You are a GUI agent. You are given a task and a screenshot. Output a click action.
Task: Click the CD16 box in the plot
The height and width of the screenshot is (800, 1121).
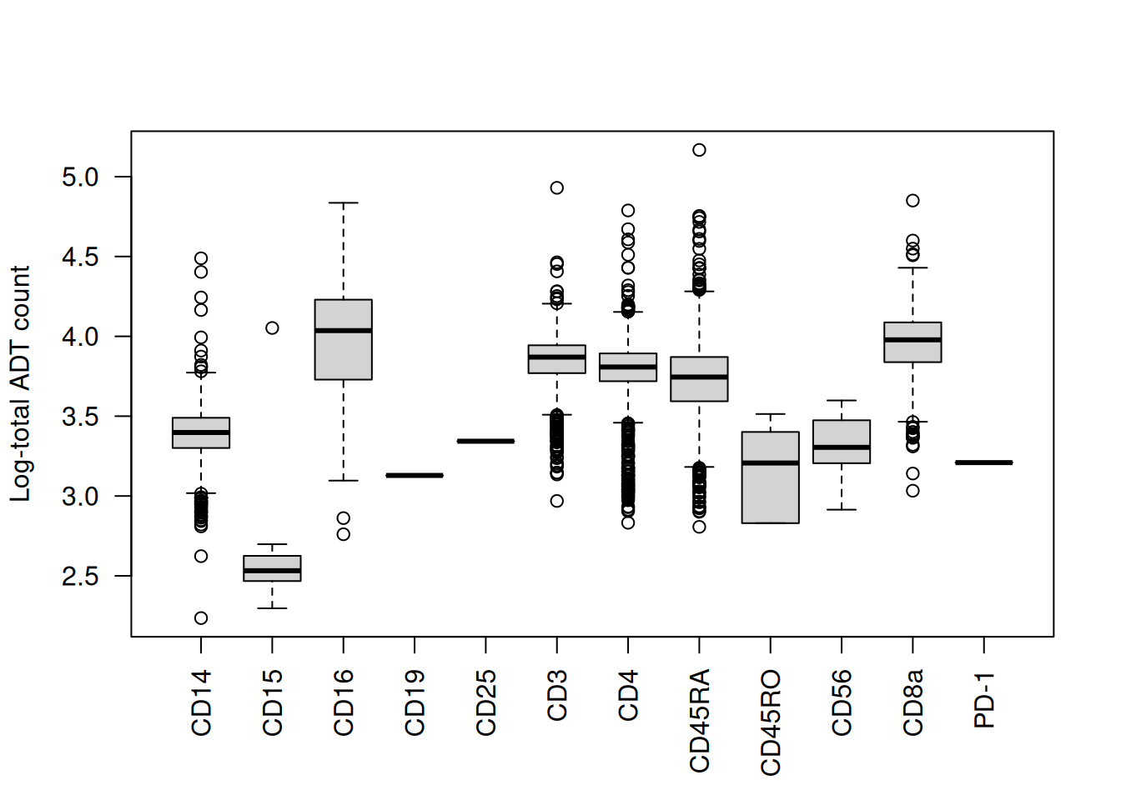coord(344,340)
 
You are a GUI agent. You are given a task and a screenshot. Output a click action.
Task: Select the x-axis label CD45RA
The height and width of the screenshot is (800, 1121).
coord(700,721)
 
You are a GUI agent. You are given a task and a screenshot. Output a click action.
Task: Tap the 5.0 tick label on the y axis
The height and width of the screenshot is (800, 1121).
coord(80,177)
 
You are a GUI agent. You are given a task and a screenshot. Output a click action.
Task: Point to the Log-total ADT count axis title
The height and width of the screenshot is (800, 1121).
coord(20,383)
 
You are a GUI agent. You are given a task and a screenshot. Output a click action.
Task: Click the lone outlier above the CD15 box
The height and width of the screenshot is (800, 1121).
coord(272,328)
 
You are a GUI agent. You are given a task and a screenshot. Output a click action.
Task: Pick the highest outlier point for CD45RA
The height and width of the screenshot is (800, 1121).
coord(699,150)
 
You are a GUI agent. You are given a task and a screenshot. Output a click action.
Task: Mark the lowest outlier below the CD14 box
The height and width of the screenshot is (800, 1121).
coord(201,618)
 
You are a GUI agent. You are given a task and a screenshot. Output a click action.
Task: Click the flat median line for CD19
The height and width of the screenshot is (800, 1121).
coord(415,475)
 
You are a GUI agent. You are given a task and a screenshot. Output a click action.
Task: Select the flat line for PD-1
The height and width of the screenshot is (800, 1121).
coord(984,462)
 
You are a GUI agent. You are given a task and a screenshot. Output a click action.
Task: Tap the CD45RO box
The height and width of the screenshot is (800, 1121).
coord(771,477)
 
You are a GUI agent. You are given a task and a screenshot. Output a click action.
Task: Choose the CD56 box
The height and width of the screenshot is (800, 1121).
coord(842,442)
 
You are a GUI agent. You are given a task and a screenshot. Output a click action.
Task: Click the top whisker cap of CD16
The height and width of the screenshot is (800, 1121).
coord(344,202)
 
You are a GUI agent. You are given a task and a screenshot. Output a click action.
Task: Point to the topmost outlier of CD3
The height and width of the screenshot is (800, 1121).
coord(557,188)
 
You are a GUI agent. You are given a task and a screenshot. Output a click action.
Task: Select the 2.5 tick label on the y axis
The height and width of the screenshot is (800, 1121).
coord(80,576)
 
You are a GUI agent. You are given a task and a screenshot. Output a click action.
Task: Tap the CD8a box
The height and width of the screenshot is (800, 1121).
coord(912,342)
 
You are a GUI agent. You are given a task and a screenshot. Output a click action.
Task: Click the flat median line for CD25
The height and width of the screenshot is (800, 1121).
coord(485,441)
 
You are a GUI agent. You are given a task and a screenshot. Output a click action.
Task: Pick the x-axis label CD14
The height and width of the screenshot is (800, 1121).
coord(202,702)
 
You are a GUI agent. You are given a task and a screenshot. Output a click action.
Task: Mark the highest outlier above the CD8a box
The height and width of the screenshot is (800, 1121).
coord(912,201)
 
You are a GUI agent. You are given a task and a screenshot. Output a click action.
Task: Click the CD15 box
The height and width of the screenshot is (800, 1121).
coord(272,568)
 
